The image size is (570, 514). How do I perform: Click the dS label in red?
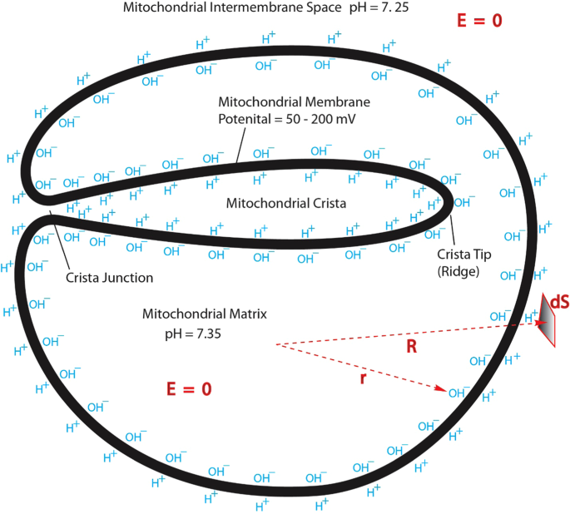558,301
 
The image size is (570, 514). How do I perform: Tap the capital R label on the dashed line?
410,346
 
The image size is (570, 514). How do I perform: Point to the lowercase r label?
361,378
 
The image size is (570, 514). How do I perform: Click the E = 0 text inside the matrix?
189,389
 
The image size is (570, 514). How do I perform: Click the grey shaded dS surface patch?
546,320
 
